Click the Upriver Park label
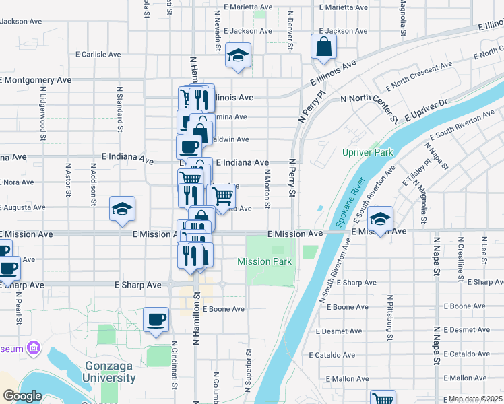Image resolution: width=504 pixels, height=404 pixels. click(367, 153)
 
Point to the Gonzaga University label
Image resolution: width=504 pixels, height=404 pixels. click(111, 372)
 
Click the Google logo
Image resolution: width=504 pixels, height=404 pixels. click(22, 396)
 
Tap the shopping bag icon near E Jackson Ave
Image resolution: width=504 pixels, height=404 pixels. click(323, 46)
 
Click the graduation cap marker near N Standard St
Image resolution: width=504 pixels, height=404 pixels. click(122, 209)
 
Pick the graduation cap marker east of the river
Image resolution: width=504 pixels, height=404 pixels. click(381, 219)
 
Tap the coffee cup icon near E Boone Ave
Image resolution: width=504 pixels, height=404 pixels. click(156, 320)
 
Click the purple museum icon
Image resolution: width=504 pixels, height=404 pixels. click(33, 349)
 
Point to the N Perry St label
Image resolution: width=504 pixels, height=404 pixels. click(292, 178)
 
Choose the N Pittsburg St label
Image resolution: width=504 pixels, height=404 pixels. click(389, 313)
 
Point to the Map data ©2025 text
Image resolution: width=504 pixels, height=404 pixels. click(476, 399)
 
